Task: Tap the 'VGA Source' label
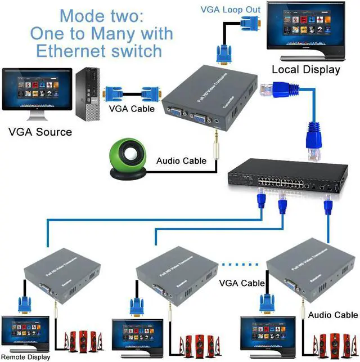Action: point(40,132)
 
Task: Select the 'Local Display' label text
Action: point(305,70)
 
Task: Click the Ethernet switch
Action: point(284,179)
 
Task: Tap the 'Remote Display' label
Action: point(25,357)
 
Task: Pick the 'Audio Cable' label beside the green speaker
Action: point(182,161)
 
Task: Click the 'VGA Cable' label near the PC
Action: point(130,109)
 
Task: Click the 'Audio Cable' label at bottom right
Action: point(332,315)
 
